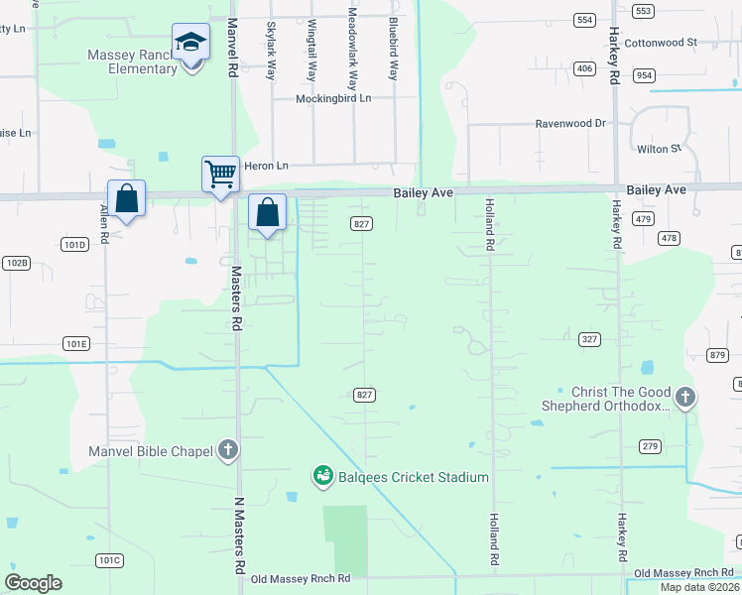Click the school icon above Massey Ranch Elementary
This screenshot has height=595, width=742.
tap(190, 43)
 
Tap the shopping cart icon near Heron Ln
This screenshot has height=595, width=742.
tap(220, 175)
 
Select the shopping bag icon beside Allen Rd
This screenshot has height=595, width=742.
tap(127, 199)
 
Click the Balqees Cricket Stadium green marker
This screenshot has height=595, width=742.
tap(322, 477)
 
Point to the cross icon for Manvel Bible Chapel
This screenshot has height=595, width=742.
tap(228, 451)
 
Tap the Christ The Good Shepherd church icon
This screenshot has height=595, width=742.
tap(685, 398)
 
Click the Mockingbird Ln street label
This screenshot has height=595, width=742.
tap(333, 99)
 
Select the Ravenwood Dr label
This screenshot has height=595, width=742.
tap(570, 124)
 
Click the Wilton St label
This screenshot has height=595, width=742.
tap(660, 149)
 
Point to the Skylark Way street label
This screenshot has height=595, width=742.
tap(271, 51)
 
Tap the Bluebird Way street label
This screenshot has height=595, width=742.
tap(394, 47)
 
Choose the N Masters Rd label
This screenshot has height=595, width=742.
tap(238, 536)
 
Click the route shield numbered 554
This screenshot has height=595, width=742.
tap(584, 20)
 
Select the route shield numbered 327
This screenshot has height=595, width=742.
tap(589, 339)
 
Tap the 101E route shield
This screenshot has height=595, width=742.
tap(76, 343)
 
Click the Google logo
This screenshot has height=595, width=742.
tap(33, 582)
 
